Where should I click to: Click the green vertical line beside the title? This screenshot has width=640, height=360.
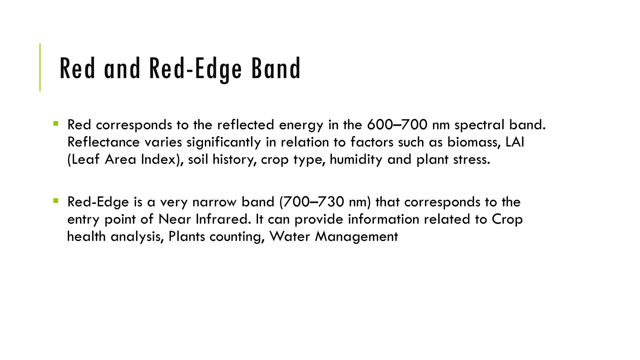coord(40,67)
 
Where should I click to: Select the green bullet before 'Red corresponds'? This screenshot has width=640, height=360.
coord(56,123)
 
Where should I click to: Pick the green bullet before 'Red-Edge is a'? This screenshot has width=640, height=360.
coord(56,201)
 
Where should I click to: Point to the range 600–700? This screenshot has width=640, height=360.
coord(397,125)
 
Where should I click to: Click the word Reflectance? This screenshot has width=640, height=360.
coord(103,142)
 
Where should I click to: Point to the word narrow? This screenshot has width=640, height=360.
coord(214,202)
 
